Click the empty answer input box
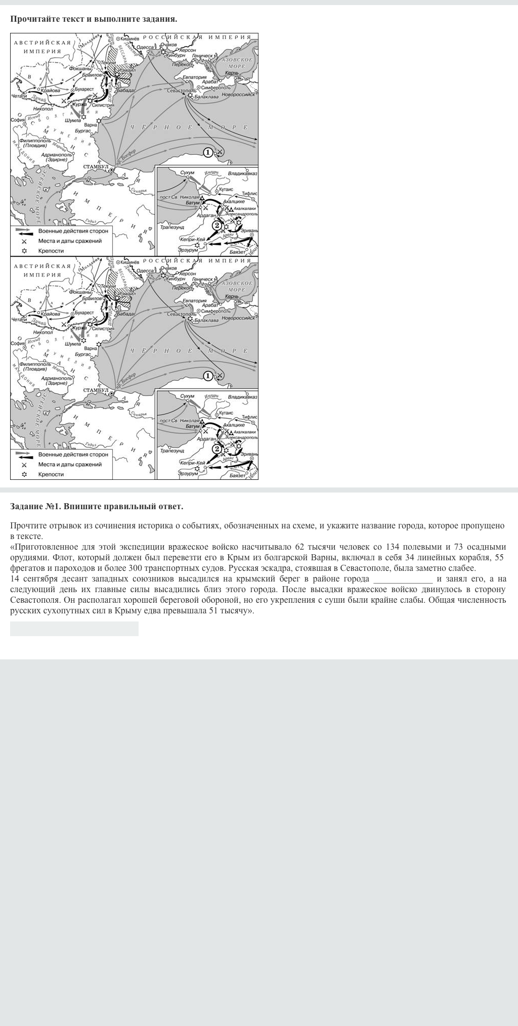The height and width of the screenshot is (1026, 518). [74, 629]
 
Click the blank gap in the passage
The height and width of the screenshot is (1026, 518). [403, 579]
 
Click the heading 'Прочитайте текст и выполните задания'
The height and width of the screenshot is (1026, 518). [94, 19]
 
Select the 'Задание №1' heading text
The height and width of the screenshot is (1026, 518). [97, 506]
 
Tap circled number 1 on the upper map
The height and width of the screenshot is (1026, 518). [207, 152]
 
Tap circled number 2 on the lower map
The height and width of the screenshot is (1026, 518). [217, 449]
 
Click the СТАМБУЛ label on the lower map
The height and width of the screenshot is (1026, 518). [96, 390]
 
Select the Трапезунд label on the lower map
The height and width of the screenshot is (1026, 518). [172, 451]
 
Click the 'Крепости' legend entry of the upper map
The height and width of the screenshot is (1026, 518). [51, 251]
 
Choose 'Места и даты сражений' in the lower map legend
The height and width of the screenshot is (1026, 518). [70, 464]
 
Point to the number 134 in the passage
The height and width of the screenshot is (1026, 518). [393, 547]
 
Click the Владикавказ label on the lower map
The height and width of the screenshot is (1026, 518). [242, 397]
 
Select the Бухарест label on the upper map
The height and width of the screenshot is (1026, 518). [84, 89]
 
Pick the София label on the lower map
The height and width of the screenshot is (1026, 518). [18, 343]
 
